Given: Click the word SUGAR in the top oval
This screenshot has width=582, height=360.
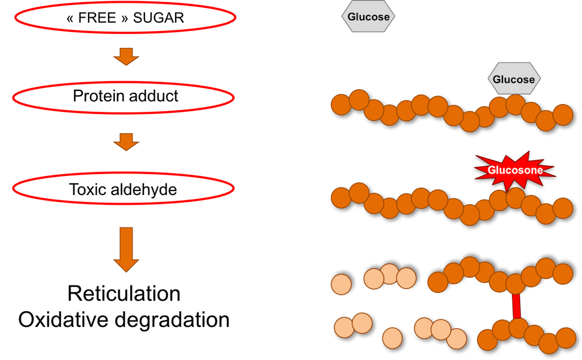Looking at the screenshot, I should [159, 18].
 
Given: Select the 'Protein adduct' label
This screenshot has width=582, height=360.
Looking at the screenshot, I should [125, 96].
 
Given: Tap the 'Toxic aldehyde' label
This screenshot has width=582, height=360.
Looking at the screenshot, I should [123, 189].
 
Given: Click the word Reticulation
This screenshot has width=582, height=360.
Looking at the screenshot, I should [124, 293].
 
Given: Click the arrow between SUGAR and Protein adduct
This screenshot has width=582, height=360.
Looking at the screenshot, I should [126, 56].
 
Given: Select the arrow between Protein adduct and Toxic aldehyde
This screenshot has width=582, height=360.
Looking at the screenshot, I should [126, 142].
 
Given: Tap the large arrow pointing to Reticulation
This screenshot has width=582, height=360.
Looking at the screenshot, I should [126, 249].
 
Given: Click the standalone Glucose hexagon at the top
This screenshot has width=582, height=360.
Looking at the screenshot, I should [368, 16].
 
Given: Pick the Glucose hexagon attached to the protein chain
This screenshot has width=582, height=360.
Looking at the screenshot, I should [514, 79].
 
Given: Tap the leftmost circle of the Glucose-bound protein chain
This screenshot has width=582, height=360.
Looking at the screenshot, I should [342, 105].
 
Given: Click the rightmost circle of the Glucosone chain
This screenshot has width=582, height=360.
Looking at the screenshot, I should [562, 207].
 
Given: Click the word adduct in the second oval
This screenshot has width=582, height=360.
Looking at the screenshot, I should [153, 96].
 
